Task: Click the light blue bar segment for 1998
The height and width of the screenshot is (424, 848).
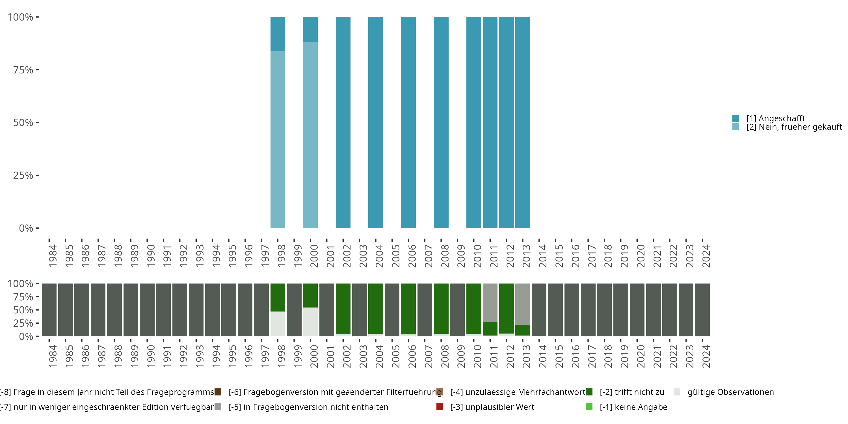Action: tap(278, 139)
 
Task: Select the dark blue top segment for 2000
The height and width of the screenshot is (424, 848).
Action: tap(310, 29)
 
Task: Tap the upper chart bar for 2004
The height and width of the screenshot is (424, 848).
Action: tap(375, 122)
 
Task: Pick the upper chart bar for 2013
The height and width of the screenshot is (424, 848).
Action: tap(522, 122)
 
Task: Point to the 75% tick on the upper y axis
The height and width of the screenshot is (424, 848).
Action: tap(23, 70)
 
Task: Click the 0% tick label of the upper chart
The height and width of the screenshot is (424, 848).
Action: tap(26, 228)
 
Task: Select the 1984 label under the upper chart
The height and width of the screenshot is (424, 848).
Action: tap(53, 256)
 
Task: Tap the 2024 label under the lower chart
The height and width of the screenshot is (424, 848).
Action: tap(706, 356)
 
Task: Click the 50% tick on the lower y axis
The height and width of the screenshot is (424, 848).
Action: tap(23, 310)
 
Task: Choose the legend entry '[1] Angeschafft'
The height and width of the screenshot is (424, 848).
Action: tap(775, 118)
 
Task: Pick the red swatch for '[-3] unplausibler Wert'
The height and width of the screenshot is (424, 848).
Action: tap(440, 407)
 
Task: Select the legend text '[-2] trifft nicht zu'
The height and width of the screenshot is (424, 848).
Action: tap(632, 392)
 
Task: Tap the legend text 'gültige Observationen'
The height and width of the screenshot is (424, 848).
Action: tap(730, 392)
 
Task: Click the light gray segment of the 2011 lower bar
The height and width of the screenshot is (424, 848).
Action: tap(490, 302)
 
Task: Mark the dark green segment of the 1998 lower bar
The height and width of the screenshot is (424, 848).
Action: tap(278, 297)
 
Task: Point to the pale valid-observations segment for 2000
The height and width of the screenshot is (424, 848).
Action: tap(310, 322)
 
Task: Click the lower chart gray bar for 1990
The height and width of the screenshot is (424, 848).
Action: tap(147, 310)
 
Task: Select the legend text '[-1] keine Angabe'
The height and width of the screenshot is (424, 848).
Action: tap(633, 407)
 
